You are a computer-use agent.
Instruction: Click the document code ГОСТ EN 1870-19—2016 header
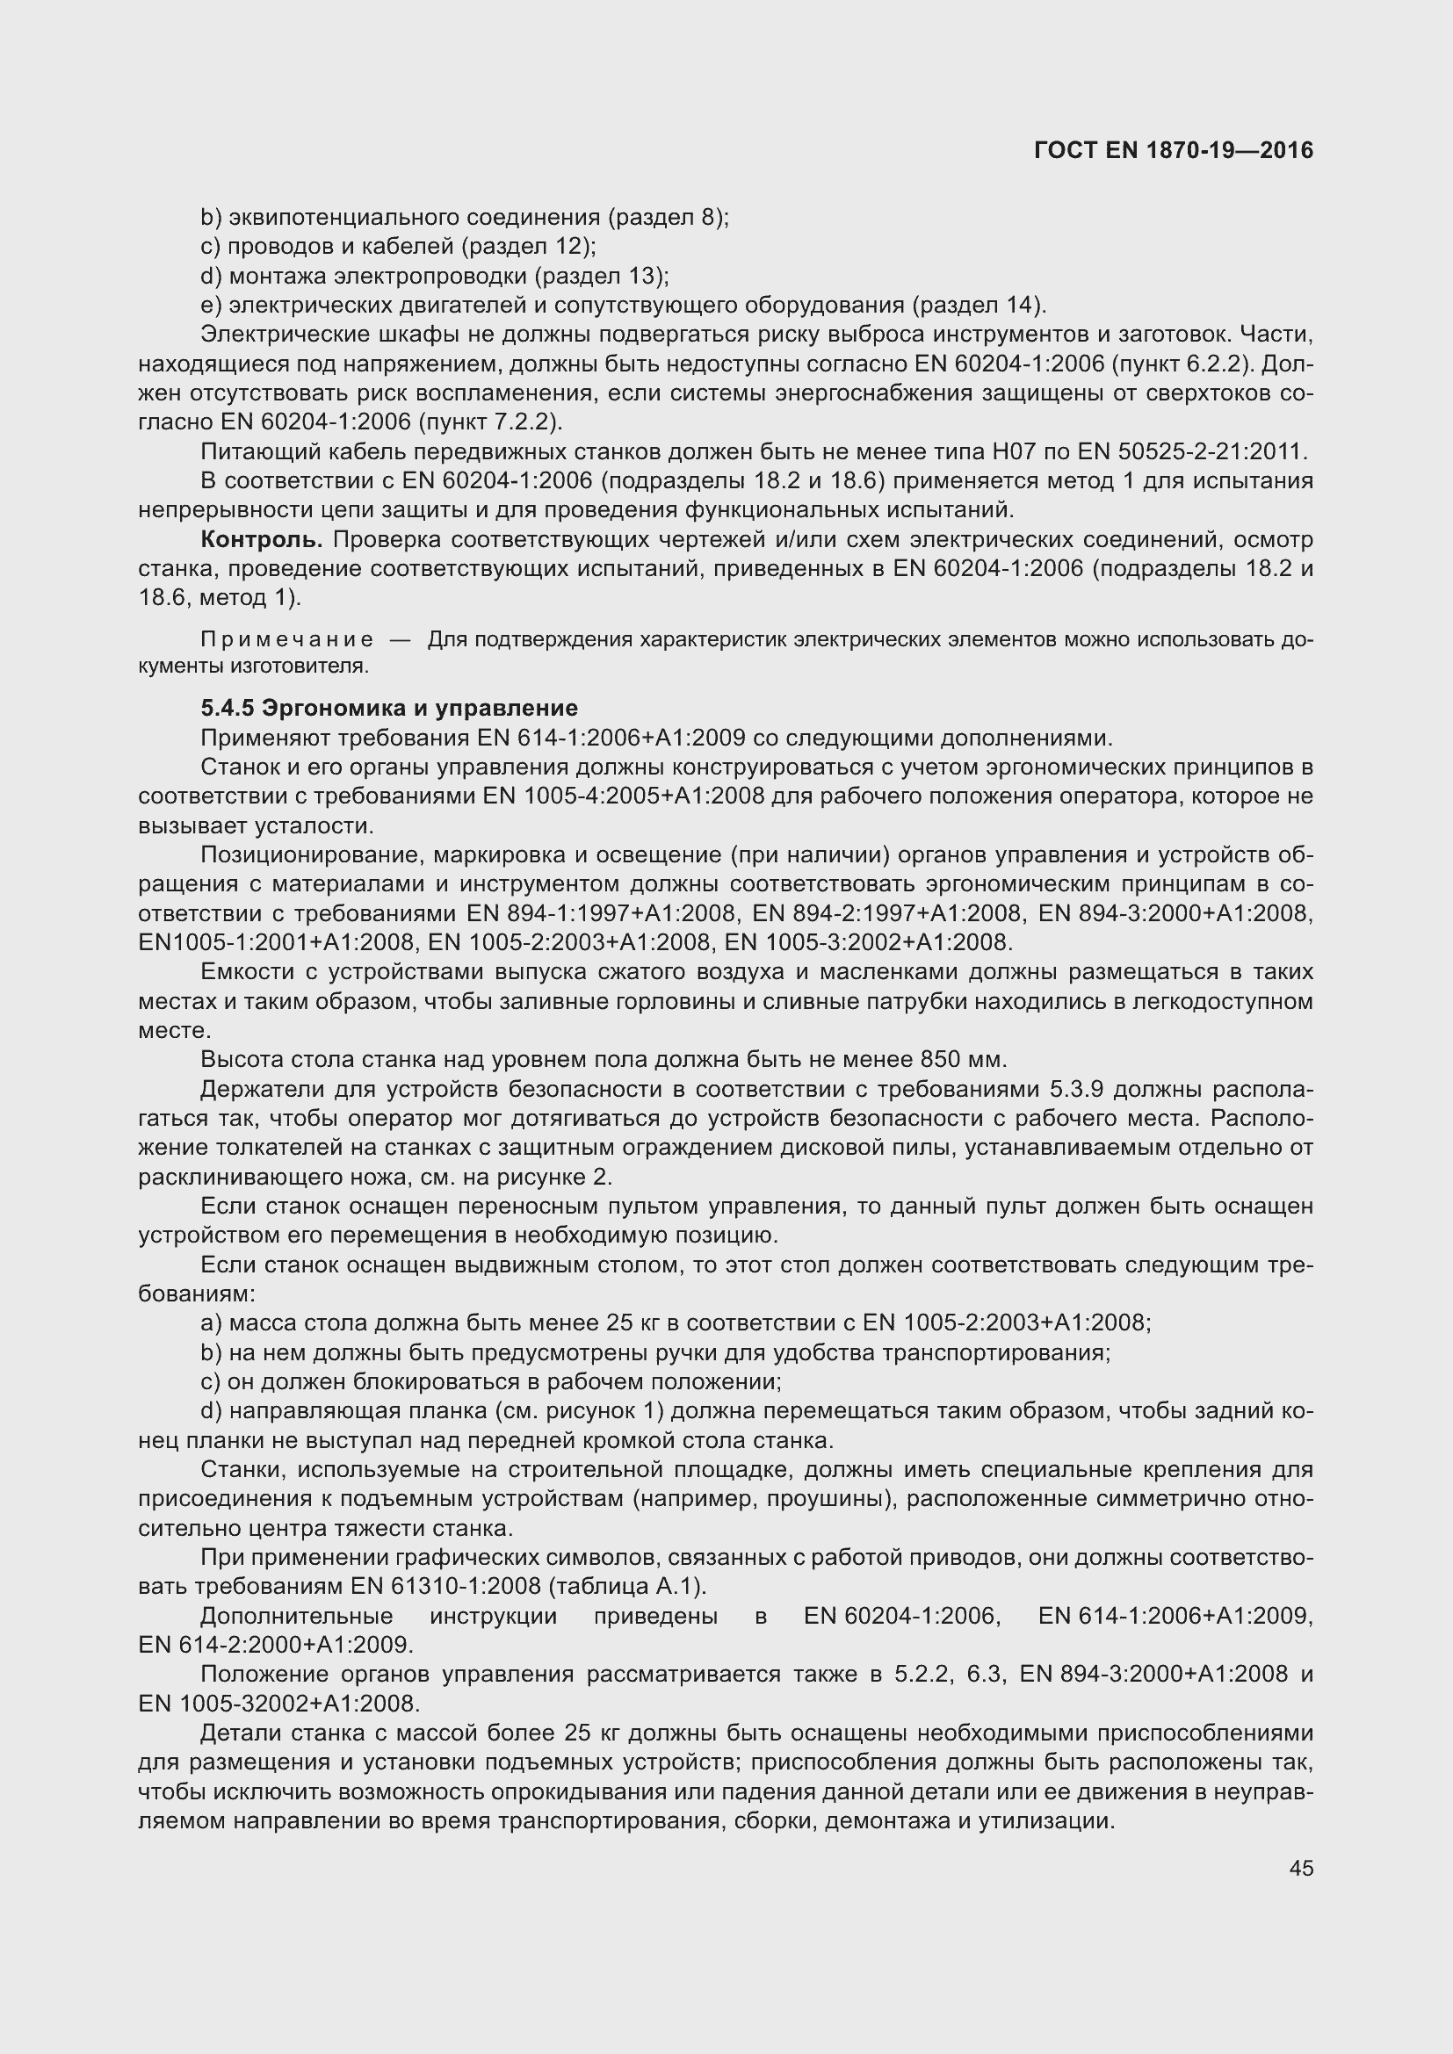tap(1173, 150)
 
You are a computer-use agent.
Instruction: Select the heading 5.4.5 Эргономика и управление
tap(389, 709)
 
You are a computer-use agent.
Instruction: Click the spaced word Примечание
tap(287, 639)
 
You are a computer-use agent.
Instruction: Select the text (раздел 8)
tap(666, 218)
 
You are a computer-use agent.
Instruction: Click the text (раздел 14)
tap(977, 305)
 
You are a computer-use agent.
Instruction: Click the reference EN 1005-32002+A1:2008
tap(279, 1703)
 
